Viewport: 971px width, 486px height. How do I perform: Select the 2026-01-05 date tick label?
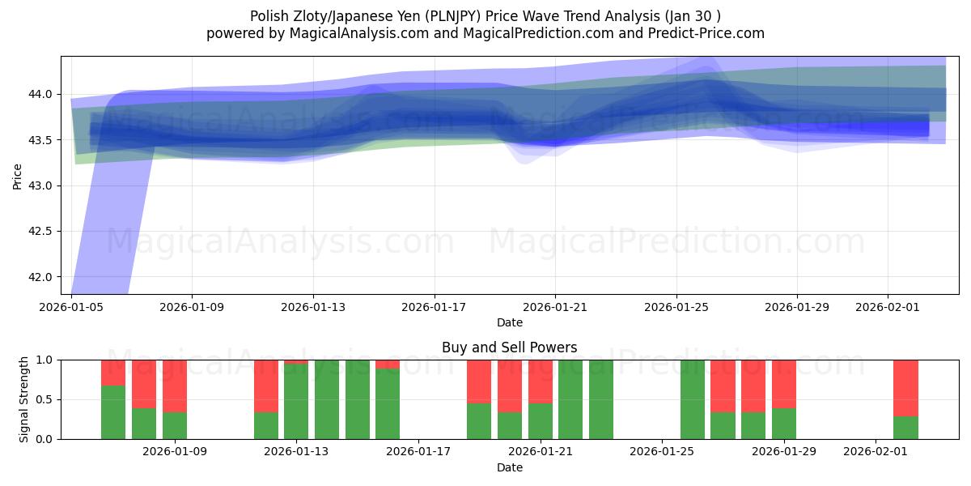point(71,307)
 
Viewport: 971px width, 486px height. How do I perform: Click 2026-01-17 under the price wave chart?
point(435,307)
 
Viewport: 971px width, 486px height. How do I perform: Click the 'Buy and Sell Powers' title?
point(509,347)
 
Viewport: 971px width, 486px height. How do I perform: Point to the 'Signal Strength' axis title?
point(24,399)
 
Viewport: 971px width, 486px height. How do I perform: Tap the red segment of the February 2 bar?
point(905,387)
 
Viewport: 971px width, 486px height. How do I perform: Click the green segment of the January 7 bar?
point(113,412)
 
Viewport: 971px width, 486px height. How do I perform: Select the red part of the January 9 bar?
point(175,386)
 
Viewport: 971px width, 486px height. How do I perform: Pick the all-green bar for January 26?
point(693,399)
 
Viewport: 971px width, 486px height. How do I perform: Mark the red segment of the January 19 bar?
point(479,381)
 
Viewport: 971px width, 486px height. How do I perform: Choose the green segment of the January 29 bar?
point(783,424)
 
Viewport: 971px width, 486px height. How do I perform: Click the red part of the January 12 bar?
point(266,386)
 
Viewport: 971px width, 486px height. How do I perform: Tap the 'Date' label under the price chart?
point(509,322)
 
